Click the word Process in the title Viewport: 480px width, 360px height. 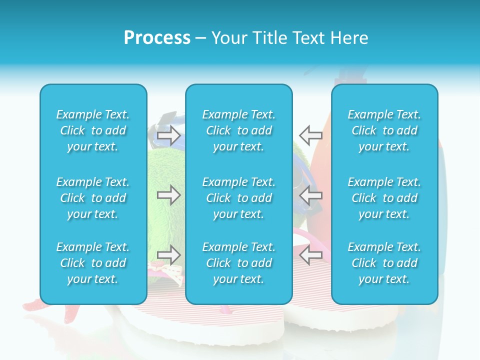point(157,38)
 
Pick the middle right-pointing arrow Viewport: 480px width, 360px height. point(168,195)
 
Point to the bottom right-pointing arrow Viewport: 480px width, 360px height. point(168,255)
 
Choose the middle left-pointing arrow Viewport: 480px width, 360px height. point(311,195)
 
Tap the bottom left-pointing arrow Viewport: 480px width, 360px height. point(311,255)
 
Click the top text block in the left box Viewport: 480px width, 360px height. point(93,130)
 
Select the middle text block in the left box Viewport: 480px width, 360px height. point(93,198)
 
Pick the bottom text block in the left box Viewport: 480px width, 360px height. point(93,263)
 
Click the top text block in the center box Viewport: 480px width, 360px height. point(239,130)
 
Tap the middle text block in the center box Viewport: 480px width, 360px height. point(239,198)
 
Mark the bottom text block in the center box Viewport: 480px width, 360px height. point(239,263)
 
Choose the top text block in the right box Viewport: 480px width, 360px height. point(384,130)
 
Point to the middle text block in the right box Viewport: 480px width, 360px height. point(384,198)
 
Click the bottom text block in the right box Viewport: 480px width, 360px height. point(384,263)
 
